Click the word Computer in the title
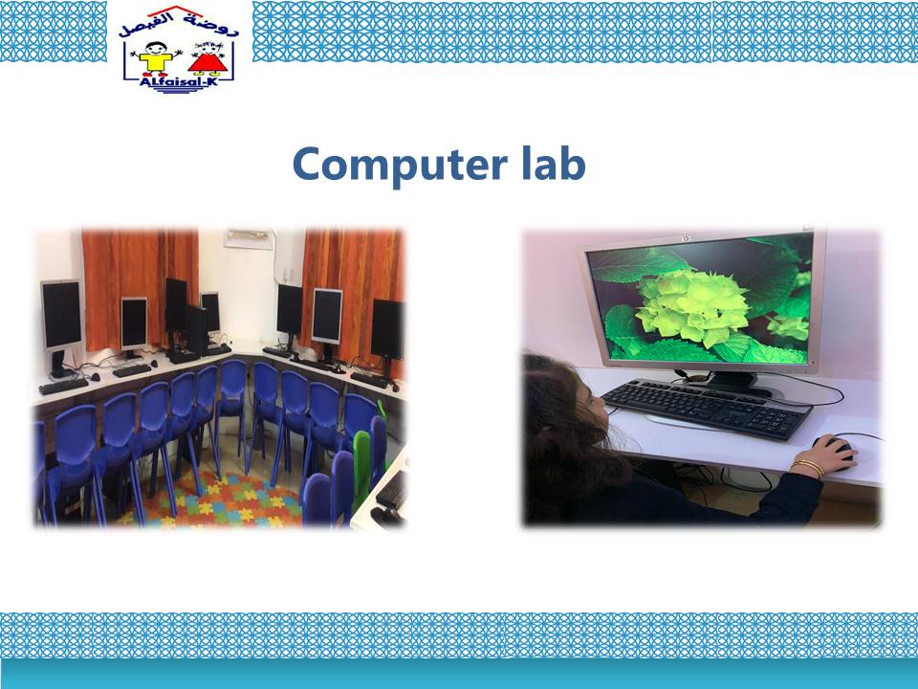point(400,166)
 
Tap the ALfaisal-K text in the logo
point(178,81)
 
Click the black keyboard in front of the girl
point(707,408)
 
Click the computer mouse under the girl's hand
point(838,451)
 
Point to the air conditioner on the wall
point(250,238)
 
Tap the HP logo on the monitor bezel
point(686,239)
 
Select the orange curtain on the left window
point(140,287)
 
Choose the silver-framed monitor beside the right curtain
point(327,317)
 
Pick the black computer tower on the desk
point(196,330)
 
